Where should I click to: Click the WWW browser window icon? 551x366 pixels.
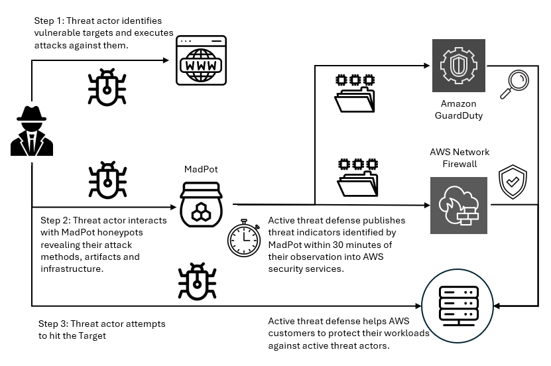(x=200, y=61)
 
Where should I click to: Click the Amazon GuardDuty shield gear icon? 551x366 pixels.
(x=458, y=66)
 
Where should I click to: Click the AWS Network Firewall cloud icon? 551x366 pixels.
(x=458, y=205)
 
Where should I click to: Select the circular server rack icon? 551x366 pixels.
(x=459, y=305)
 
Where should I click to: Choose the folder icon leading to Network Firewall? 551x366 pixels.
(x=355, y=177)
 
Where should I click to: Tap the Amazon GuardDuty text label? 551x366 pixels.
(x=458, y=109)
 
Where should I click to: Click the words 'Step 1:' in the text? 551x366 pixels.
(x=50, y=21)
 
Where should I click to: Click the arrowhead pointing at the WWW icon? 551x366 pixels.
(x=168, y=61)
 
